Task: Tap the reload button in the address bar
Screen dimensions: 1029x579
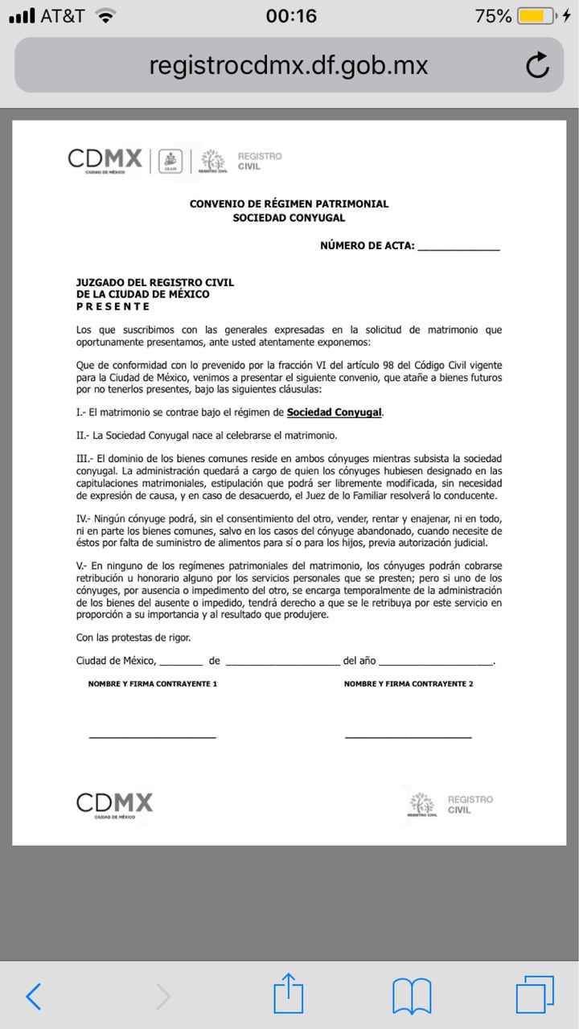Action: [536, 66]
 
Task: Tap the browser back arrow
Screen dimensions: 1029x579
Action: [33, 997]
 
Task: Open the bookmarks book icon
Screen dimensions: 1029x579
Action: [412, 997]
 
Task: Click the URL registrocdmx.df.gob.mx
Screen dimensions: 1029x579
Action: [289, 66]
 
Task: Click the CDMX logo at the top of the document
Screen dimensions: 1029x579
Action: [105, 160]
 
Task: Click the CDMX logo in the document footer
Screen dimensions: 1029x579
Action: [114, 803]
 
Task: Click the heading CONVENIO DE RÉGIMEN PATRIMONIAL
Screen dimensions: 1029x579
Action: [289, 204]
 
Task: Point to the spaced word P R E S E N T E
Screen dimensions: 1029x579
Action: [113, 306]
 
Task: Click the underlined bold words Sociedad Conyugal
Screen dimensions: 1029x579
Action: [335, 412]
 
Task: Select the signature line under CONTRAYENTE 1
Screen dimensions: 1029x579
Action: [152, 736]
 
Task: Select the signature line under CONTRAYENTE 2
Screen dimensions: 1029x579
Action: [408, 736]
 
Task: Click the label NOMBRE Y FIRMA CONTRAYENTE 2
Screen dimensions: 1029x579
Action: [408, 684]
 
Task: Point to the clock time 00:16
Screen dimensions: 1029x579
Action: [291, 16]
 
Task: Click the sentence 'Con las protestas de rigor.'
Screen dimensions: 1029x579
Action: [133, 637]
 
